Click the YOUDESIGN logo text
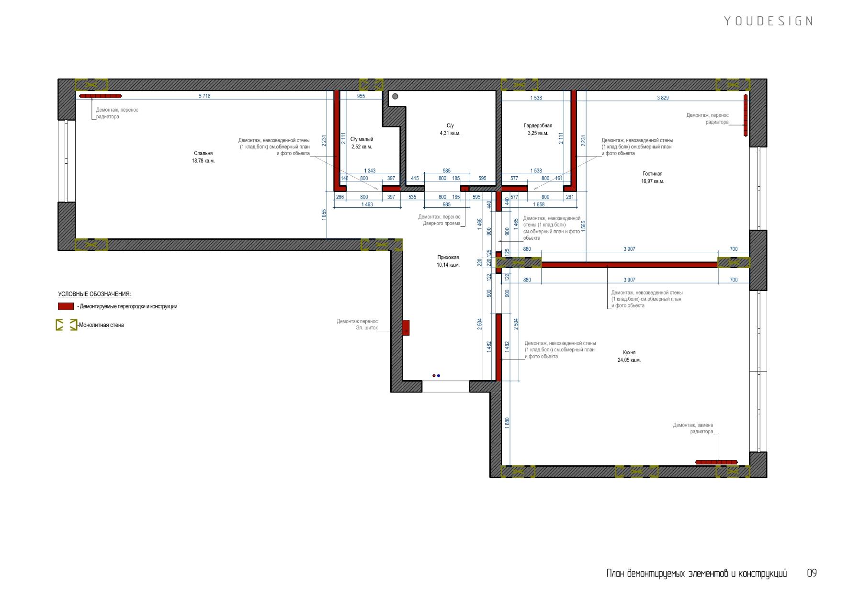(x=769, y=21)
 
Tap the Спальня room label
(x=203, y=154)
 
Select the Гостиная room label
(x=653, y=174)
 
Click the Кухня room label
(x=629, y=353)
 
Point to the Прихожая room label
(x=448, y=258)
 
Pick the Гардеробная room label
(x=538, y=126)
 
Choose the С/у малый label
(x=362, y=139)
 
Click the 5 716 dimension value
(x=204, y=96)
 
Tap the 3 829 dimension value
(x=663, y=98)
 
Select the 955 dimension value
(x=361, y=96)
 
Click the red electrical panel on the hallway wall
(x=406, y=327)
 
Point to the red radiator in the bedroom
(x=101, y=96)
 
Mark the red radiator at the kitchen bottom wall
(x=716, y=462)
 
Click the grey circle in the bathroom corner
(x=395, y=97)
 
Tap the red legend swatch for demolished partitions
(x=66, y=306)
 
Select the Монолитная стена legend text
(x=101, y=325)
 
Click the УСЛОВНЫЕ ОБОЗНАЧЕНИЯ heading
(x=94, y=294)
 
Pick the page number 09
(x=812, y=573)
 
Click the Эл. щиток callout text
(x=367, y=328)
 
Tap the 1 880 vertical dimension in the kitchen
(x=507, y=423)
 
